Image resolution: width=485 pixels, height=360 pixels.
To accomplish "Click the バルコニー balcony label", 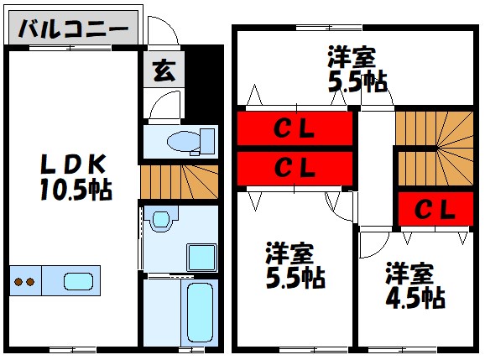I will coord(73,29).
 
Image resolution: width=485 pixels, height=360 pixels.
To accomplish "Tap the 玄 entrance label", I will coord(163,71).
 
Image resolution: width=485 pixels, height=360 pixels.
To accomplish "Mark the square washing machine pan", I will coord(201,256).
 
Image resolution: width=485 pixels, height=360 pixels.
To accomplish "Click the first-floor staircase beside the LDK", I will coord(179,180).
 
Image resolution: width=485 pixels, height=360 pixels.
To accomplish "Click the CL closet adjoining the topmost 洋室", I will coord(295,129).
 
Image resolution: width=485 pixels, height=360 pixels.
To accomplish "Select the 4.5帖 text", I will coord(415,296).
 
